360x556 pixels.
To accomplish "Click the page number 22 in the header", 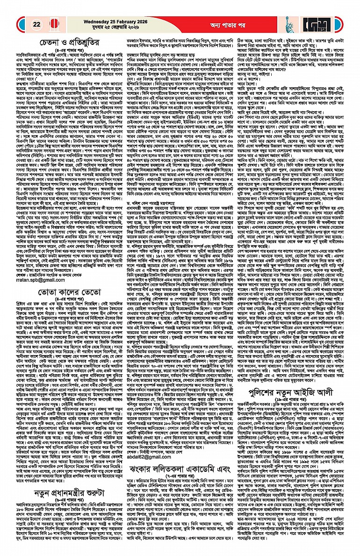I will pos(36,24).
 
